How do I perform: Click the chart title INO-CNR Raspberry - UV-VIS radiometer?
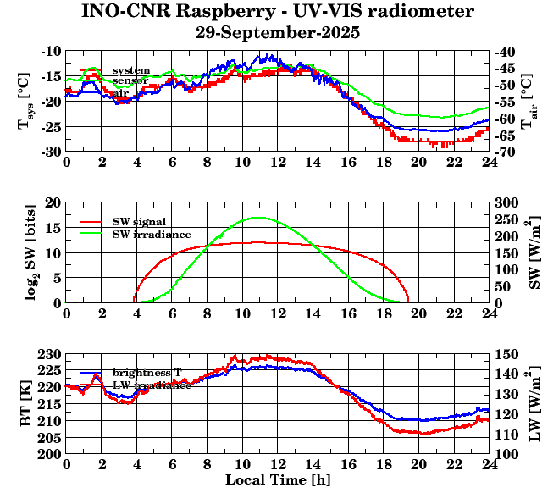point(278,12)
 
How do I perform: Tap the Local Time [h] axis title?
point(278,479)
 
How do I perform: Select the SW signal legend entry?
point(139,222)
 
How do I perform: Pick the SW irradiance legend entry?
point(152,233)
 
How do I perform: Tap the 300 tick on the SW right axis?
point(506,203)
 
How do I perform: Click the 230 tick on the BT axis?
point(51,354)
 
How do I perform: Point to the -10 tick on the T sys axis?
point(51,52)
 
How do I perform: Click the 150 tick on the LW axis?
point(506,354)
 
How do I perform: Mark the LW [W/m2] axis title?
point(535,403)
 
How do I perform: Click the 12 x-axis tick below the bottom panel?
point(278,464)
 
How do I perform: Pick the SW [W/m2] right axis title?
point(535,252)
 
